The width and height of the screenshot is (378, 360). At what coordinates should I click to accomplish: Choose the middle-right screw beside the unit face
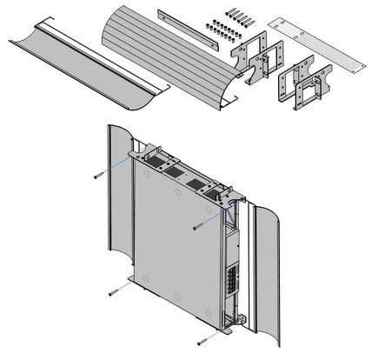199,226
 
